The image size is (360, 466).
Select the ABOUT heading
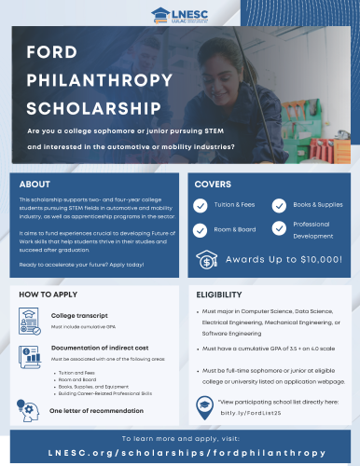click(35, 185)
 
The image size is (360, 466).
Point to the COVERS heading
click(213, 185)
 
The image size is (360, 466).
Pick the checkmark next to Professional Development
click(279, 230)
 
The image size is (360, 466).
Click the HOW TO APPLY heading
click(47, 295)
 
